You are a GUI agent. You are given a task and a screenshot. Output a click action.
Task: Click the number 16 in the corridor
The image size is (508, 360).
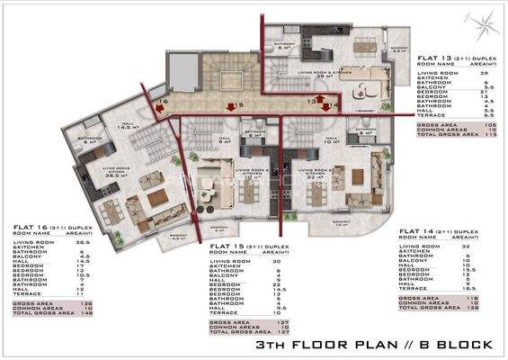pos(154,103)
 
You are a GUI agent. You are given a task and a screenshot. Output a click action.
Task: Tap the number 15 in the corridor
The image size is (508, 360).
pos(232,105)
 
